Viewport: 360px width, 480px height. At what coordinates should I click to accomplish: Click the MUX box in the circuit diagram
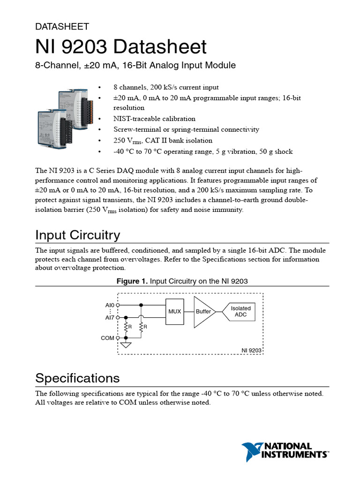tap(174, 311)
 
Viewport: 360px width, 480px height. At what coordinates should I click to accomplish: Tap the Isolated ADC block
tap(240, 311)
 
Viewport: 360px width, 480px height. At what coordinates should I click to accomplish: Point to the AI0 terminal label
tap(110, 305)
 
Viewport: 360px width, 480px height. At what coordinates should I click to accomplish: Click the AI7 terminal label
tap(110, 317)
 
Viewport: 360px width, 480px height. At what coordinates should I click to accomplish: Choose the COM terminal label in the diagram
tap(107, 338)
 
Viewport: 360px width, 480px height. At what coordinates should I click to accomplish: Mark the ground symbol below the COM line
tap(126, 345)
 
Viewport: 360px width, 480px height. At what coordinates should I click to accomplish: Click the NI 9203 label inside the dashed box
tap(251, 350)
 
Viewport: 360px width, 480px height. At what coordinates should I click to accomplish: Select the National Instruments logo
tap(285, 451)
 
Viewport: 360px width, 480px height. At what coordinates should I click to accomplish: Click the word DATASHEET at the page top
tap(62, 27)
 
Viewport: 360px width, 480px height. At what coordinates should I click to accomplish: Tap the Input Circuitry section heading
tap(78, 235)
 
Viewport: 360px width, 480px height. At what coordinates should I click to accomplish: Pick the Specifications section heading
tap(77, 378)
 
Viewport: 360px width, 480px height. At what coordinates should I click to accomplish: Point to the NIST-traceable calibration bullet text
tap(154, 119)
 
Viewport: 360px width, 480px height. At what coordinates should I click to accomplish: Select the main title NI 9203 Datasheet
tap(121, 47)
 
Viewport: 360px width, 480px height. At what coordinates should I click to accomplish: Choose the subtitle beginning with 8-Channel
tap(135, 65)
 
